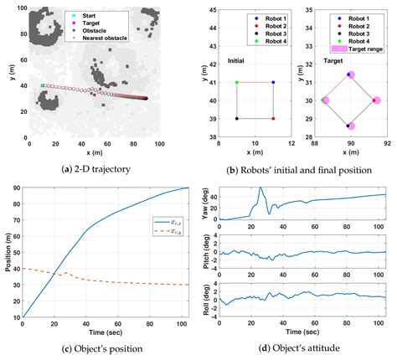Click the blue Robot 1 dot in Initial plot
coord(274,82)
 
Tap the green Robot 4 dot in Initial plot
coord(237,82)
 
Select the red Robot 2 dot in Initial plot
coord(274,118)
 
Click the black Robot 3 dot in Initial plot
coord(237,118)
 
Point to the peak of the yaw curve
coord(260,189)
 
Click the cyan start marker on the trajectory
coord(43,85)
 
